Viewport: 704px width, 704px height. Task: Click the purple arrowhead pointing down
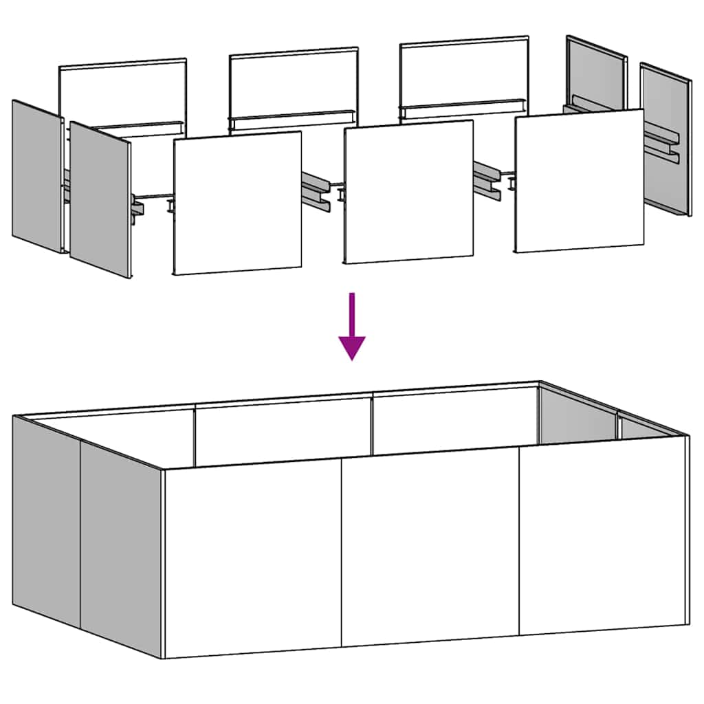coord(352,347)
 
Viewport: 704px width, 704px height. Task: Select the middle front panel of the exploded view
coord(408,192)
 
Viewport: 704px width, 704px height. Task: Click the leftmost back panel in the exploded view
coord(122,93)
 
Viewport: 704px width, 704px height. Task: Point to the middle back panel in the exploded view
coord(294,82)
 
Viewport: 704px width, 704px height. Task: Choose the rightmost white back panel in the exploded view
coord(464,72)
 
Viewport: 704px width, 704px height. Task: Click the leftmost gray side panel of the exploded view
coord(36,176)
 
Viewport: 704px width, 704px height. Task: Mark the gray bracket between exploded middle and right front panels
coord(488,178)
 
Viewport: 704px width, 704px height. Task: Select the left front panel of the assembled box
coord(253,560)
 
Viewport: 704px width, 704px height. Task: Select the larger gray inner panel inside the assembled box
coord(576,416)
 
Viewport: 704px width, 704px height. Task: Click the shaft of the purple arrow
coord(352,313)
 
